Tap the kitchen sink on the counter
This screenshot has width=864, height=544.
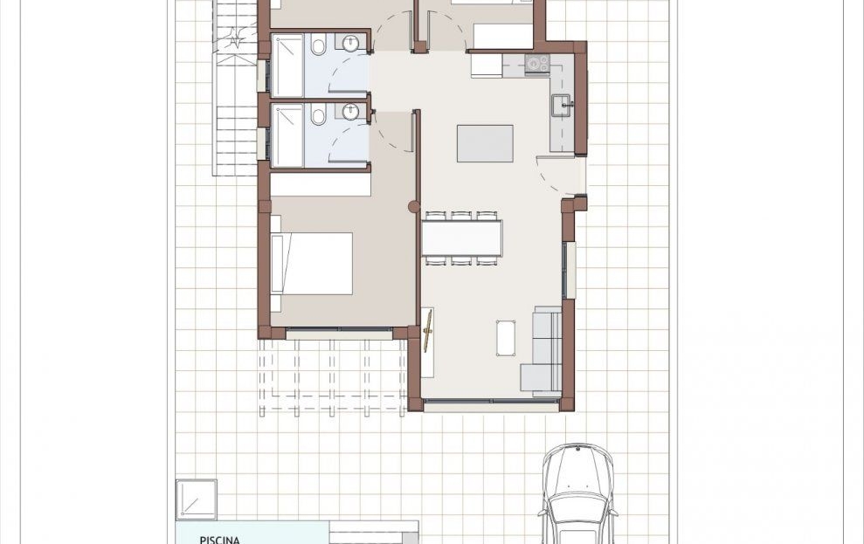(x=562, y=106)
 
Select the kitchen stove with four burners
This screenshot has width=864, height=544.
(x=537, y=64)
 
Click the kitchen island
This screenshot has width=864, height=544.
(x=485, y=144)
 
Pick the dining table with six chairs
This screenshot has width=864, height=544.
(x=462, y=238)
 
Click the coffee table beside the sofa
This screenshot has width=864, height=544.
(x=506, y=338)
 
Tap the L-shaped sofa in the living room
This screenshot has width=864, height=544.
(x=542, y=351)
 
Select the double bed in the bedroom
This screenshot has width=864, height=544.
(x=312, y=263)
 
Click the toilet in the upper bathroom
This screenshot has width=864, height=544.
(x=318, y=45)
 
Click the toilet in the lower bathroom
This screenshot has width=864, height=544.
(x=318, y=115)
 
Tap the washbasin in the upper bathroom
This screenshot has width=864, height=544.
(x=350, y=43)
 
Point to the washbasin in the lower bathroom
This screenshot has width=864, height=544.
(x=350, y=112)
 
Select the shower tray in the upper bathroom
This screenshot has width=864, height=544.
(x=287, y=65)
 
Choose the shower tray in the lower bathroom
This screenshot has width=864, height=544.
(x=287, y=134)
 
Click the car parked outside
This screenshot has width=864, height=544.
(x=577, y=493)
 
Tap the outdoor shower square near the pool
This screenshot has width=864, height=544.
(x=197, y=499)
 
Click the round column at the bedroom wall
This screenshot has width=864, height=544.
(x=414, y=206)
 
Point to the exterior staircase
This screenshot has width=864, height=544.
(x=236, y=88)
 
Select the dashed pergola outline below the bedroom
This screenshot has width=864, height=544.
(x=333, y=376)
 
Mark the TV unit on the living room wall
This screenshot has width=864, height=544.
(x=427, y=342)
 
